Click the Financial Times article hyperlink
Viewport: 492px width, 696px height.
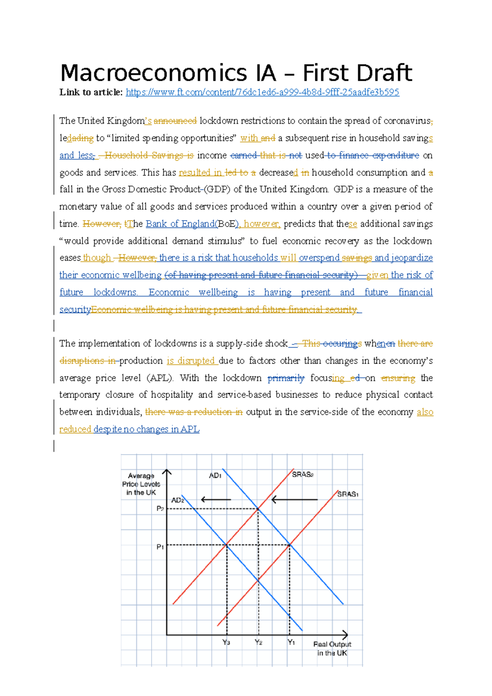point(262,92)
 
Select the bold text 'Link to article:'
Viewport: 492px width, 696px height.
point(91,92)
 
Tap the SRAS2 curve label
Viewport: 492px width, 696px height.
point(303,474)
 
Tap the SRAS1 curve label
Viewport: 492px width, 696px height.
point(348,494)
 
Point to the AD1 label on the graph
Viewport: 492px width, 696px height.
point(215,475)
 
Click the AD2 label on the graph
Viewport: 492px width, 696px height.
point(178,500)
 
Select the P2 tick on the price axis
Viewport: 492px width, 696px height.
point(160,509)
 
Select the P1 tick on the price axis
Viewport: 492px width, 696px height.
point(160,547)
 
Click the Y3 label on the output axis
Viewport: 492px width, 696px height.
point(226,642)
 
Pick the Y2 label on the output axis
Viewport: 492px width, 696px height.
point(258,642)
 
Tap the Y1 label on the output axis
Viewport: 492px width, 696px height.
point(291,642)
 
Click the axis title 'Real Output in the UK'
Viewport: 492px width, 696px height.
point(332,648)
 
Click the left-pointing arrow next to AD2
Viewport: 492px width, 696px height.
point(216,500)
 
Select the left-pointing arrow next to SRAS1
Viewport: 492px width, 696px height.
point(294,500)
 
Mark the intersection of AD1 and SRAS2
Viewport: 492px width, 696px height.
point(258,509)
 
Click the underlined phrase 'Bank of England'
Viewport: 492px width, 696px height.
point(180,224)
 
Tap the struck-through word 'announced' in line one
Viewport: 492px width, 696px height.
point(175,121)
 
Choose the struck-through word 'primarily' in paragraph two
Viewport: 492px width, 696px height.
point(286,378)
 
